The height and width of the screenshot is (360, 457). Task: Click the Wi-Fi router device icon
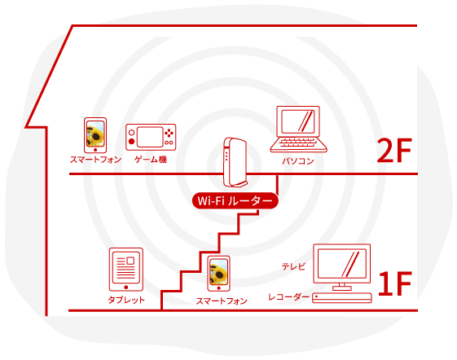[x=235, y=162]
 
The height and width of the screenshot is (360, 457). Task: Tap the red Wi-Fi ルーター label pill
[x=235, y=200]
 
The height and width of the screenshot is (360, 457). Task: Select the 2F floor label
[x=394, y=151]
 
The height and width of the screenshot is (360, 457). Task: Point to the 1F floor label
[x=394, y=283]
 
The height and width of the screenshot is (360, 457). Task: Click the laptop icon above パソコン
[x=298, y=130]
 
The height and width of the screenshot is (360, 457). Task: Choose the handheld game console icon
[x=151, y=137]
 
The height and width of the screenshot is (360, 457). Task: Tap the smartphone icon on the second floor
[x=95, y=135]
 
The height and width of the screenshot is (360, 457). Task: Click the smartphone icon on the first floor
[x=218, y=274]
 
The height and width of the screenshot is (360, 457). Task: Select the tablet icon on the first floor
[x=126, y=270]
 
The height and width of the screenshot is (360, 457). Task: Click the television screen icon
[x=342, y=264]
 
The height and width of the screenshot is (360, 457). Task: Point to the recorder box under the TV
[x=342, y=298]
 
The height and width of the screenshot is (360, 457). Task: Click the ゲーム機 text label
[x=151, y=160]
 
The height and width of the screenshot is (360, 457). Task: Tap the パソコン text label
[x=298, y=161]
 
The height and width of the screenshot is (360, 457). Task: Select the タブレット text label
[x=126, y=300]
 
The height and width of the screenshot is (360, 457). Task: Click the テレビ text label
[x=293, y=266]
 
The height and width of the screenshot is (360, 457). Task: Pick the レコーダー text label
[x=288, y=297]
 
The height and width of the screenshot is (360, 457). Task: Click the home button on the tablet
[x=126, y=288]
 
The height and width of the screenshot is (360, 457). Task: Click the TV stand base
[x=342, y=288]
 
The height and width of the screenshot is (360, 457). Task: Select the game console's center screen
[x=150, y=137]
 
